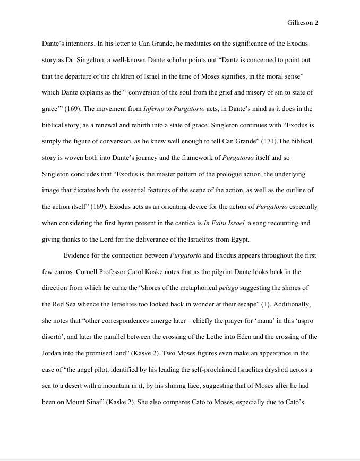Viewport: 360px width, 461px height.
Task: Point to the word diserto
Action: [54, 337]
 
